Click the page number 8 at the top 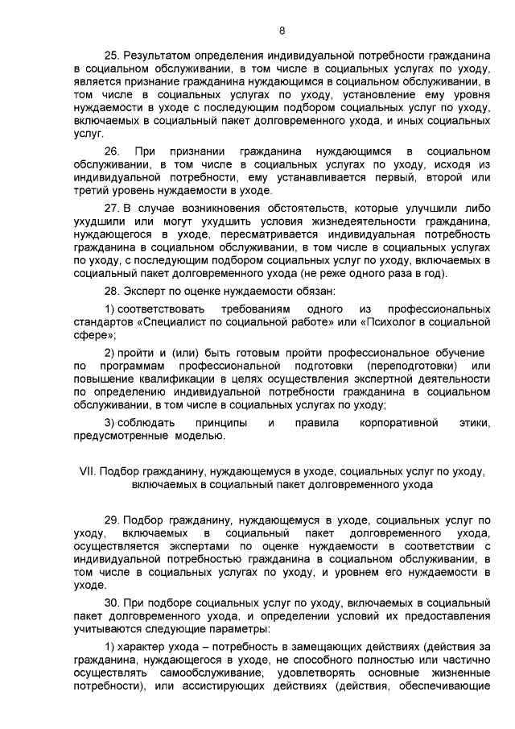click(282, 31)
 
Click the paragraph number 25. click(113, 57)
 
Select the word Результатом click(156, 57)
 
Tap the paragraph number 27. click(113, 209)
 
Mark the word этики click(474, 423)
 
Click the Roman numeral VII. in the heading click(86, 471)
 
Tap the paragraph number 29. click(113, 520)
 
